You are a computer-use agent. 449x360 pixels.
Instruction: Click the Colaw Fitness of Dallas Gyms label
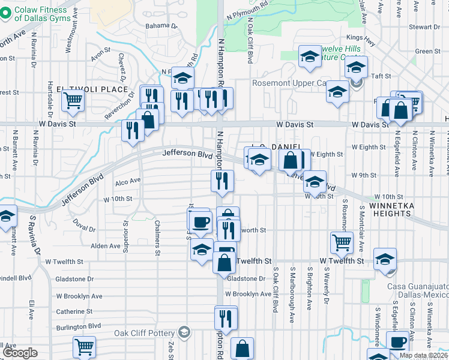(x=40, y=14)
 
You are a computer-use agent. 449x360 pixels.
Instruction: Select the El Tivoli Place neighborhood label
(x=92, y=89)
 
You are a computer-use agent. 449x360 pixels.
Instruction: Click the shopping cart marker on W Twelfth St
(x=342, y=242)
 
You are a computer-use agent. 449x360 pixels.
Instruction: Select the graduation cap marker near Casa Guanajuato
(x=384, y=259)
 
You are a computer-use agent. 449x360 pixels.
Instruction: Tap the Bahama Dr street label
(x=162, y=26)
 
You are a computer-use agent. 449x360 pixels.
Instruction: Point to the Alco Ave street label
(x=127, y=180)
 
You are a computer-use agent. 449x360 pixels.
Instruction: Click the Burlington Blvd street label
(x=78, y=326)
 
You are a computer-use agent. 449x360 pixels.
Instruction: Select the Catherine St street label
(x=74, y=311)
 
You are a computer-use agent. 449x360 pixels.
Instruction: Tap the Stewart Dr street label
(x=424, y=27)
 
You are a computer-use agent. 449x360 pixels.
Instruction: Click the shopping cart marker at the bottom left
(x=84, y=346)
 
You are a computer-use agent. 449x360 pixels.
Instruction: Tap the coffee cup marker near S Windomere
(x=397, y=341)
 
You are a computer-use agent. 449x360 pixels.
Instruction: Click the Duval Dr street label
(x=85, y=228)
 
